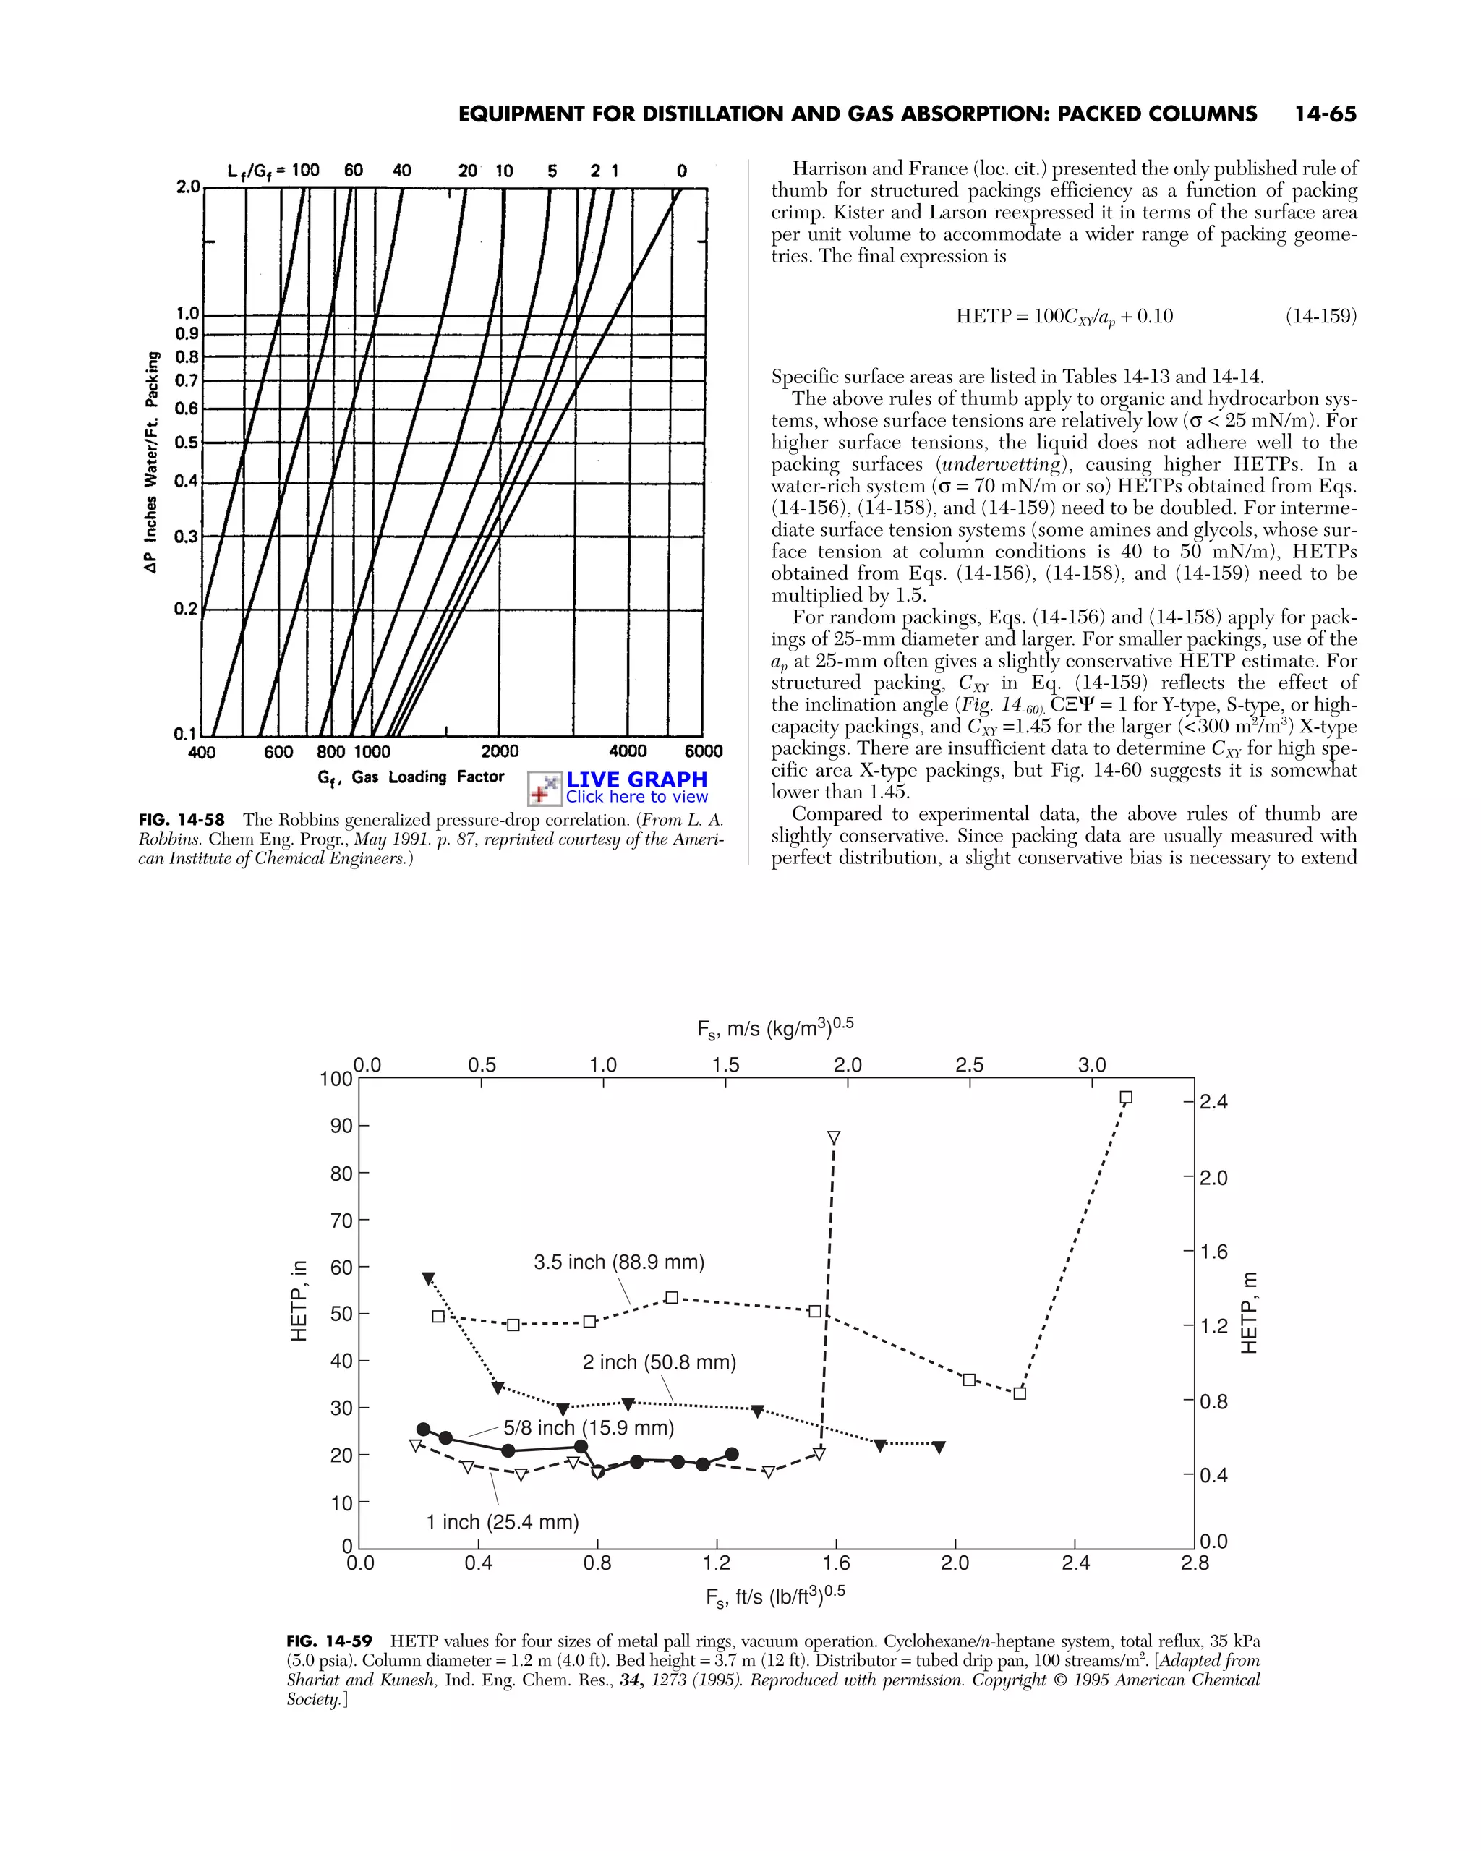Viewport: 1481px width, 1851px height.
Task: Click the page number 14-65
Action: click(1325, 114)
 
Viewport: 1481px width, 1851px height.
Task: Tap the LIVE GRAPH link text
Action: click(636, 779)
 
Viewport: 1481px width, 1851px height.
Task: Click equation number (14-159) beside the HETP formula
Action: click(1320, 316)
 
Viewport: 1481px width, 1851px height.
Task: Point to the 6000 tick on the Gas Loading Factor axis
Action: click(703, 751)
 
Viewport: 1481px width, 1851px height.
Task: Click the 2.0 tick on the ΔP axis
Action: click(187, 187)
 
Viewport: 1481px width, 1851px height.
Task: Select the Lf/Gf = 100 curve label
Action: click(273, 170)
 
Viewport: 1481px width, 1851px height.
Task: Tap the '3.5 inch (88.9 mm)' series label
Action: click(618, 1262)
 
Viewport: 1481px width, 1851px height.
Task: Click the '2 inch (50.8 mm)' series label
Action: click(659, 1362)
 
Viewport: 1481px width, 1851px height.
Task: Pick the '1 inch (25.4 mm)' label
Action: click(503, 1522)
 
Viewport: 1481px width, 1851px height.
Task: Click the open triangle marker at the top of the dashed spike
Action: click(833, 1137)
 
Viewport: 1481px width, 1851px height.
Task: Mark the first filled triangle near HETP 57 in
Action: click(428, 1278)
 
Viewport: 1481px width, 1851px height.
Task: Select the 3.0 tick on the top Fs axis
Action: click(1091, 1064)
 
